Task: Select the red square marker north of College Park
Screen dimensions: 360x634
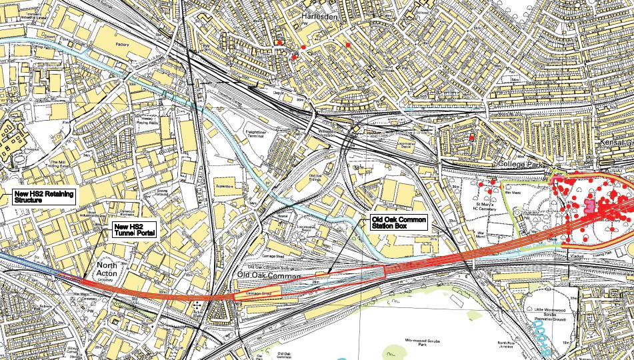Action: [471, 137]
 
